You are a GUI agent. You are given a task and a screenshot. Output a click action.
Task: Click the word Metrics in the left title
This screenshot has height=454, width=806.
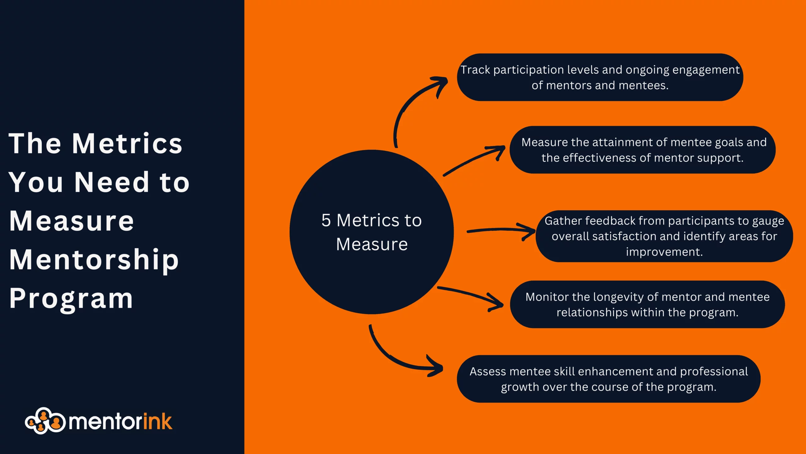pyautogui.click(x=127, y=144)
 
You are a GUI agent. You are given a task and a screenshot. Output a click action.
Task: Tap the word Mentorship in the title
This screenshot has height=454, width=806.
pyautogui.click(x=94, y=260)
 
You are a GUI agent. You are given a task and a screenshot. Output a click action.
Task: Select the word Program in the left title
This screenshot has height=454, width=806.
pyautogui.click(x=71, y=299)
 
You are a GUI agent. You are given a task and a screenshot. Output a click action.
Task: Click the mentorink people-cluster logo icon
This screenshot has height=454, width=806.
pyautogui.click(x=45, y=421)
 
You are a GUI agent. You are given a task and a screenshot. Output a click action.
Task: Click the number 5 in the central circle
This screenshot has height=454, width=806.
pyautogui.click(x=326, y=220)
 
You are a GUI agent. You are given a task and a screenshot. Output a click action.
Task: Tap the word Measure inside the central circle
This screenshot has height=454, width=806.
pyautogui.click(x=372, y=244)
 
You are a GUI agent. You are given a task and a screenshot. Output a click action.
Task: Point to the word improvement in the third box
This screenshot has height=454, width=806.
pyautogui.click(x=664, y=252)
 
